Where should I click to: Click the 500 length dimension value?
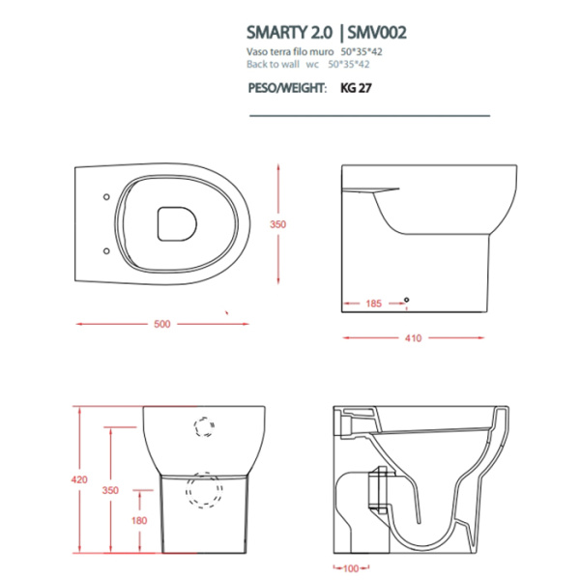[161, 324]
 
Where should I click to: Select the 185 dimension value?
[373, 304]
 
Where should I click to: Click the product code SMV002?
[373, 32]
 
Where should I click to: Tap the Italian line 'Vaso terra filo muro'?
[290, 52]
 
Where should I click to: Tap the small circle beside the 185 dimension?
[407, 302]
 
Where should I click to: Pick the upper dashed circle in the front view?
[204, 426]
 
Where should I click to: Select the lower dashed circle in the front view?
[204, 490]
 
